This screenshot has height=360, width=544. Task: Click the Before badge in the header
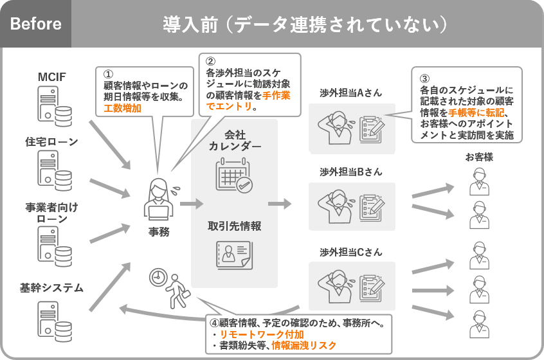36,24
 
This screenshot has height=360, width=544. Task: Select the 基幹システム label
52,287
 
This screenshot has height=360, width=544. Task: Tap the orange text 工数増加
122,108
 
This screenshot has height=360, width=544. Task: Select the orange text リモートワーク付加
261,335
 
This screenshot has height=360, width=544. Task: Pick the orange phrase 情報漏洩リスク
304,346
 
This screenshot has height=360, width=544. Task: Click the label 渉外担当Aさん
350,93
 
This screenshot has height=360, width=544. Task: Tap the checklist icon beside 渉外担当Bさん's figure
372,206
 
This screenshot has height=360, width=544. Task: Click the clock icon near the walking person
157,278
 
